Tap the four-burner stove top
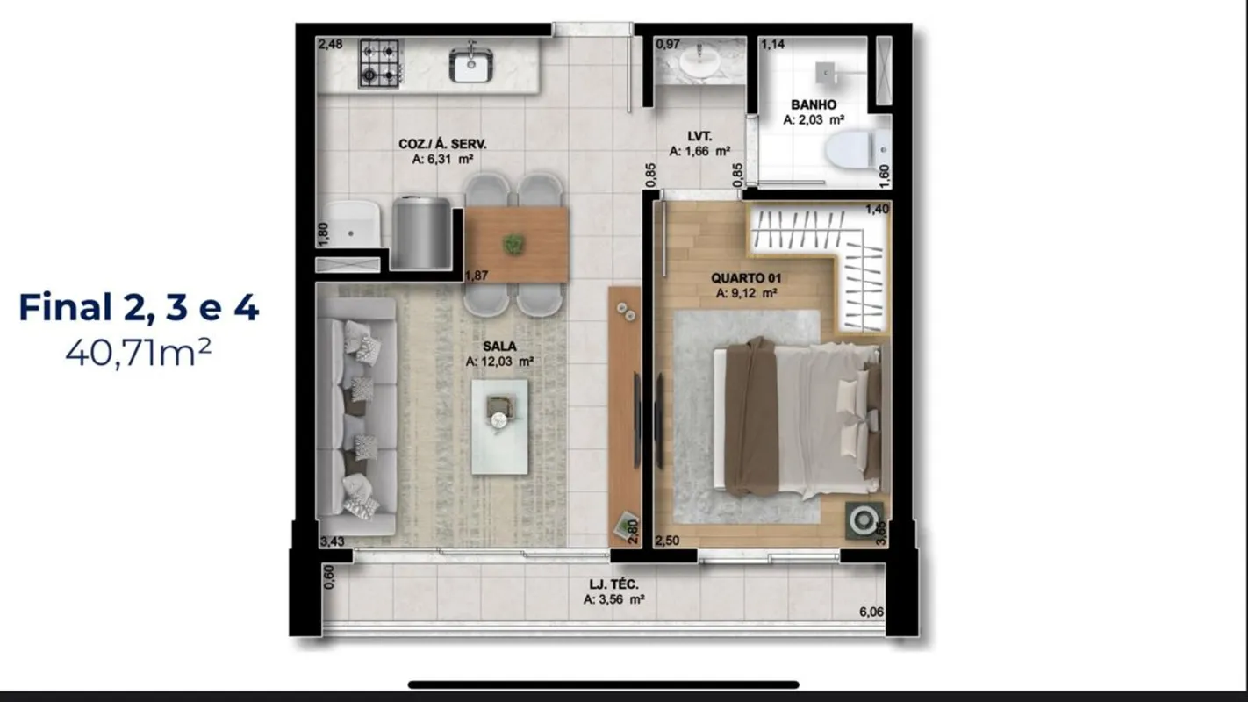pyautogui.click(x=379, y=62)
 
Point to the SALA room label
pyautogui.click(x=499, y=346)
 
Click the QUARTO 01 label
pyautogui.click(x=746, y=277)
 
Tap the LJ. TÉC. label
pyautogui.click(x=614, y=584)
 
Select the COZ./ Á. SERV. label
pyautogui.click(x=442, y=144)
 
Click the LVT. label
pyautogui.click(x=699, y=136)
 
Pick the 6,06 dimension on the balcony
pyautogui.click(x=871, y=612)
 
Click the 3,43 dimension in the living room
pyautogui.click(x=332, y=541)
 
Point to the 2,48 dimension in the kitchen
pyautogui.click(x=330, y=44)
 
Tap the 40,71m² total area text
pyautogui.click(x=138, y=353)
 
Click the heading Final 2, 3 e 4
pyautogui.click(x=139, y=307)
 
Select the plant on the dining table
pyautogui.click(x=513, y=245)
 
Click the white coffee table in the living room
pyautogui.click(x=499, y=426)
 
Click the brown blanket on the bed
pyautogui.click(x=751, y=417)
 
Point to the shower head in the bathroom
pyautogui.click(x=825, y=73)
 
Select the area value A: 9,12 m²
pyautogui.click(x=746, y=293)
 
